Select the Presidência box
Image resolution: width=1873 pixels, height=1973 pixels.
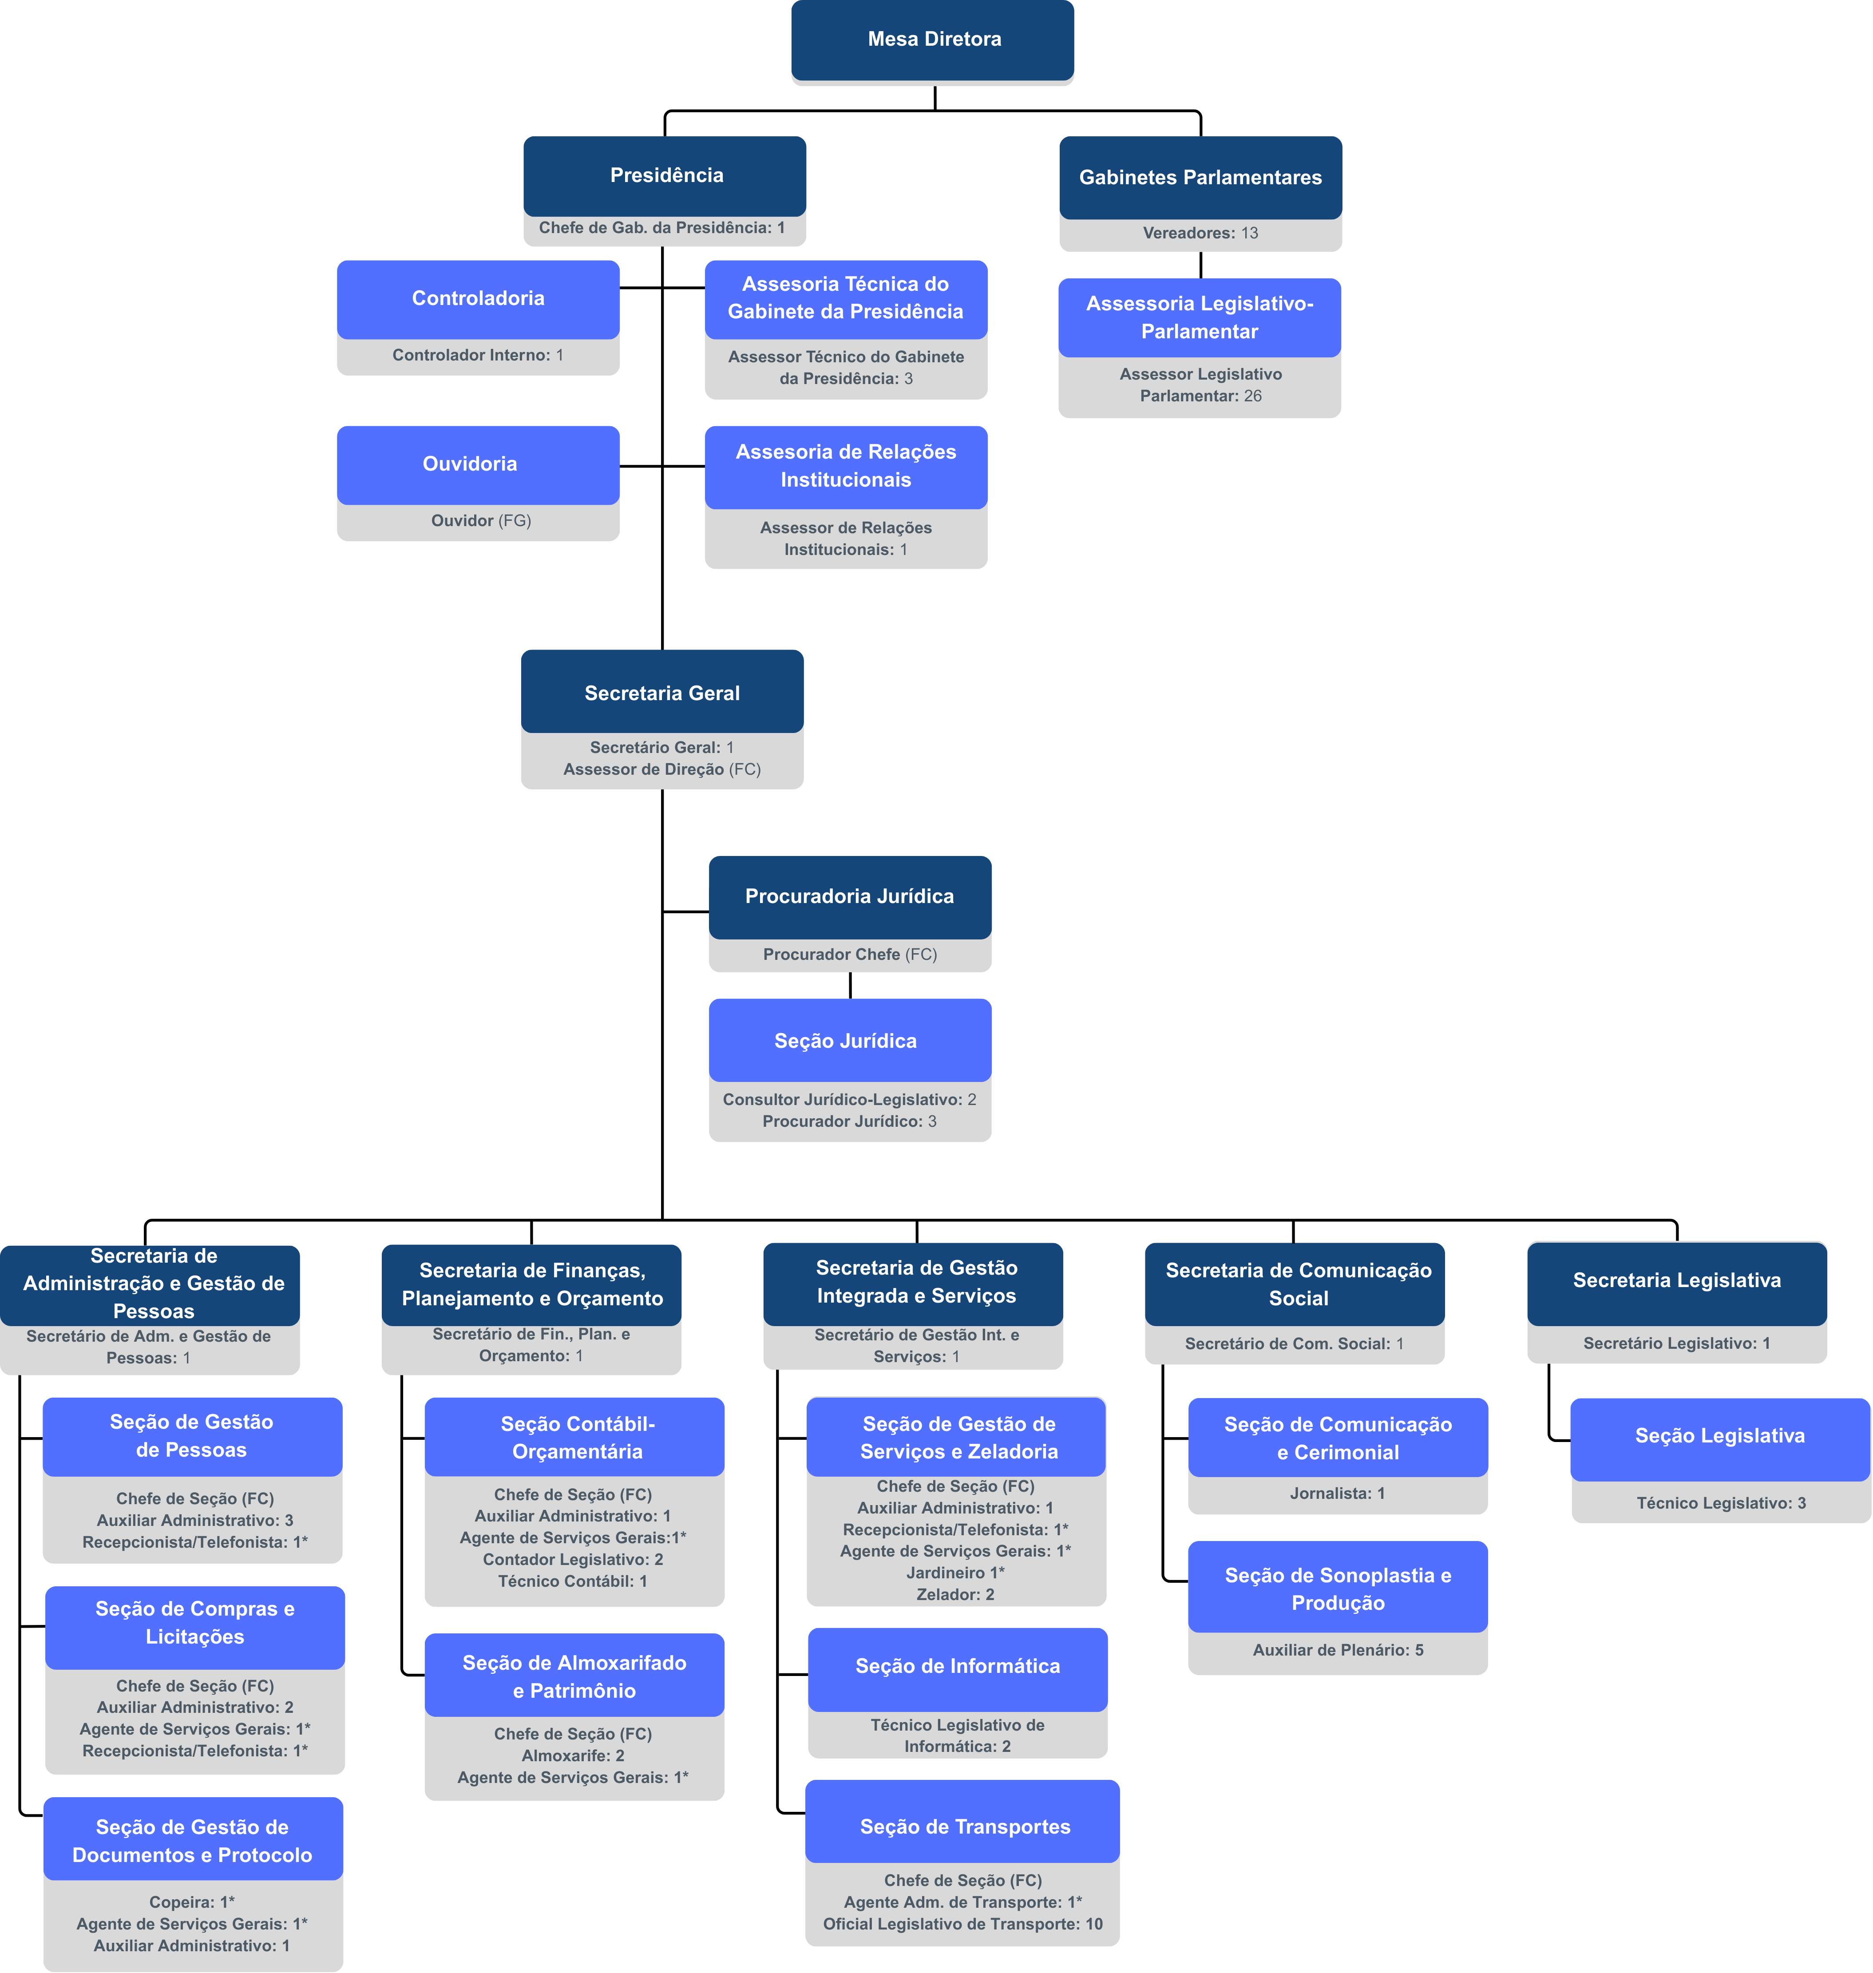pyautogui.click(x=665, y=176)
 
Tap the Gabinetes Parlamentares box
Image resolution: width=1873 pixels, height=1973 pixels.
pyautogui.click(x=1200, y=178)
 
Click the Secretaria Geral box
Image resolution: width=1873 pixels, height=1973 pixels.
pyautogui.click(x=662, y=693)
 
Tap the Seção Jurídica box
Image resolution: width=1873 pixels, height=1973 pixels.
pyautogui.click(x=850, y=1040)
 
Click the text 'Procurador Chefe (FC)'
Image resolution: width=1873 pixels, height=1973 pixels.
pyautogui.click(x=850, y=955)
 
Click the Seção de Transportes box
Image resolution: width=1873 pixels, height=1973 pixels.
pyautogui.click(x=962, y=1826)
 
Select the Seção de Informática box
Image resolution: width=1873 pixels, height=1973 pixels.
pyautogui.click(x=958, y=1665)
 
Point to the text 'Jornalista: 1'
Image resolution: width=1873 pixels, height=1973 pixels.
pyautogui.click(x=1337, y=1494)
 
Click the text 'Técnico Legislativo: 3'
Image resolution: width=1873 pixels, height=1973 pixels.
pyautogui.click(x=1720, y=1503)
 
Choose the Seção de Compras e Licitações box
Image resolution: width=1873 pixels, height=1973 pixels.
pyautogui.click(x=195, y=1623)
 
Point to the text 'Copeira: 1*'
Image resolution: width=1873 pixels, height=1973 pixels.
pyautogui.click(x=192, y=1902)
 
